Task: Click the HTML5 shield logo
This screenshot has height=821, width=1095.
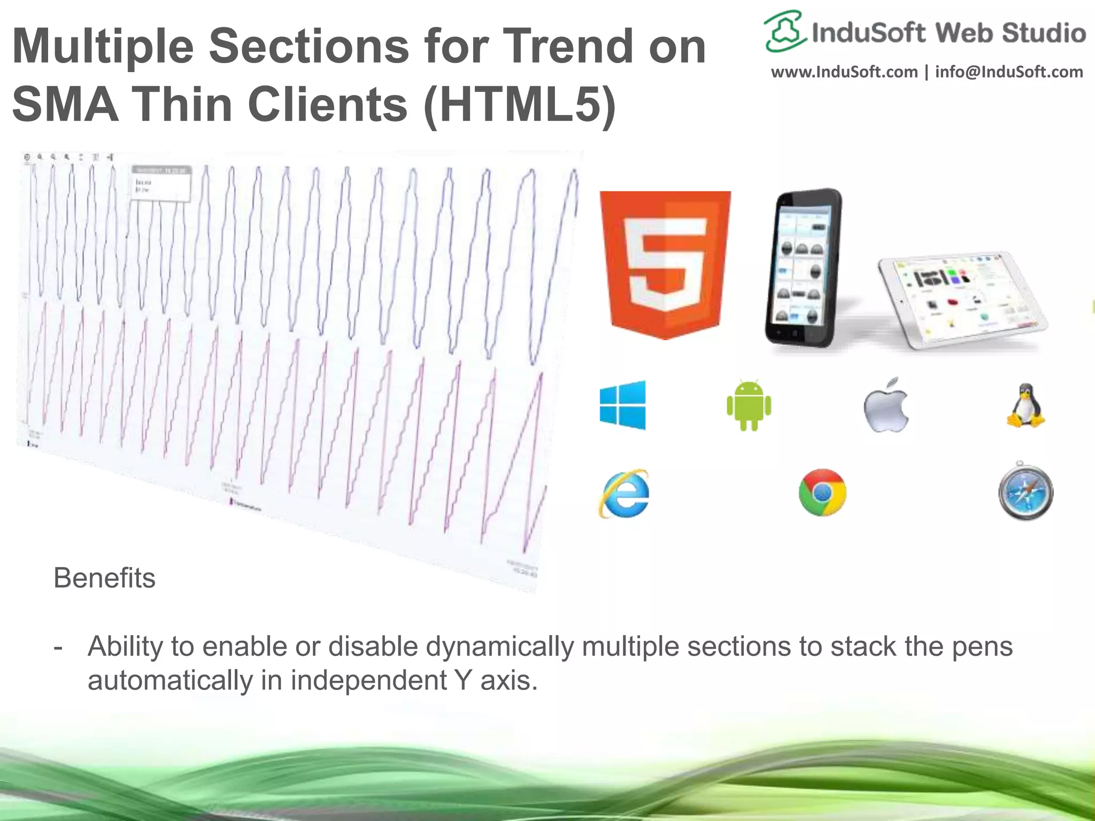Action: [x=665, y=265]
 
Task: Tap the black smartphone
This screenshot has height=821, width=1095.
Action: [x=802, y=267]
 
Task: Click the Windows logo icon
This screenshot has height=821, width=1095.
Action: [x=623, y=405]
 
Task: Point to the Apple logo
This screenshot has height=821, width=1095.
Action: [x=886, y=406]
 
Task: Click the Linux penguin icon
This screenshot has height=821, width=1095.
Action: [x=1025, y=406]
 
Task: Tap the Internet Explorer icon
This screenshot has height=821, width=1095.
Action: [x=624, y=493]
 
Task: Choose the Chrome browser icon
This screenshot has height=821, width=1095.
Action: [x=822, y=492]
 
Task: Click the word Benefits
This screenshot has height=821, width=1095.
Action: [x=104, y=578]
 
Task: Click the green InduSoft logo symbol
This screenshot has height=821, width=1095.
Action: [x=784, y=31]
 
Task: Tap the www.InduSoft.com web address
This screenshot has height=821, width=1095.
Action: [x=844, y=72]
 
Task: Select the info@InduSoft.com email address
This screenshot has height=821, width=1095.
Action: [x=1009, y=72]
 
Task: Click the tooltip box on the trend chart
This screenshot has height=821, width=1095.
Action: [x=161, y=183]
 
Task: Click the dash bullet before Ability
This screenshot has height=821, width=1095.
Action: [x=58, y=647]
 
